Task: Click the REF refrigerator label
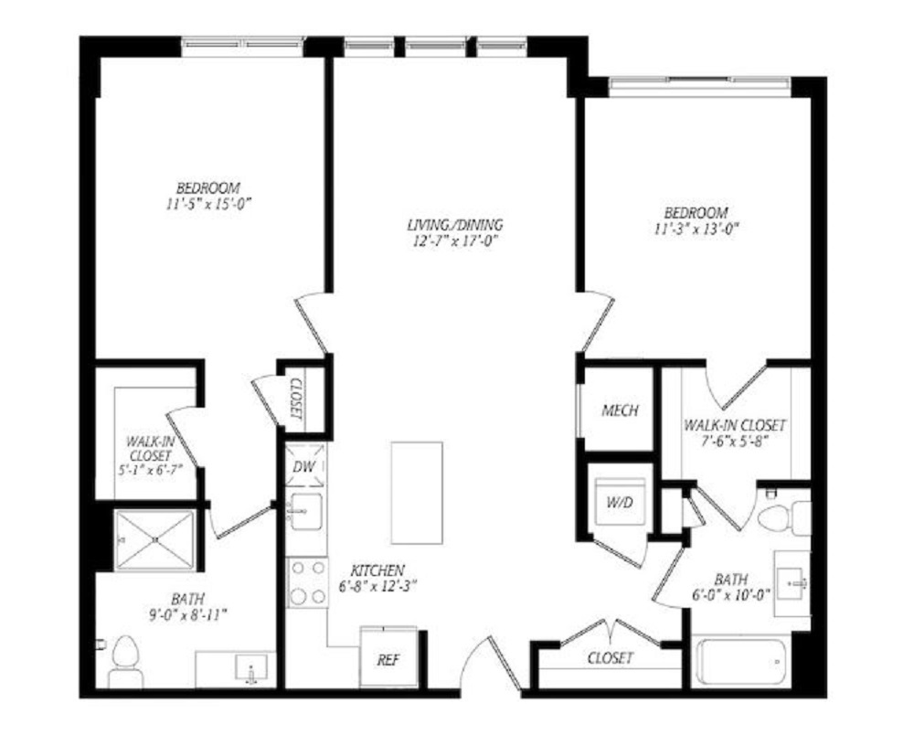[x=388, y=660]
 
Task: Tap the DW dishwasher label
[x=304, y=466]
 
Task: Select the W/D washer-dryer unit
[x=620, y=502]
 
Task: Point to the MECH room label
[x=620, y=410]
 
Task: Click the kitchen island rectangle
[x=417, y=493]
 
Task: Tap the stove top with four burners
[x=307, y=582]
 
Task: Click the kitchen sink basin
[x=305, y=512]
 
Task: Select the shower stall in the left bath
[x=154, y=539]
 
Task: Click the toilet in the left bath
[x=126, y=662]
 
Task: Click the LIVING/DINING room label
[x=454, y=224]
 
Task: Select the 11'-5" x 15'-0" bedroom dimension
[x=208, y=204]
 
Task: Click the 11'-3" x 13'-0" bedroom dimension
[x=696, y=229]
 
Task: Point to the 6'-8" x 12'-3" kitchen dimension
[x=377, y=586]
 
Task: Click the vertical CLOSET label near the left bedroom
[x=295, y=399]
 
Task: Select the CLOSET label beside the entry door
[x=610, y=658]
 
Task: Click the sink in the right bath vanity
[x=794, y=583]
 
